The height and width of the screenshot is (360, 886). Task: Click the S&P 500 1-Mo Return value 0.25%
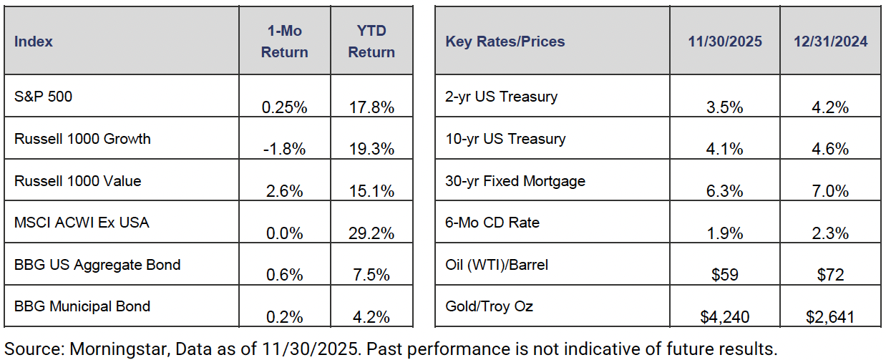click(284, 107)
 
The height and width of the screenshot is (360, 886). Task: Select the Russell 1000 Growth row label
click(82, 139)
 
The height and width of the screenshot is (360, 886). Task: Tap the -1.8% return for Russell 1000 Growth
click(284, 149)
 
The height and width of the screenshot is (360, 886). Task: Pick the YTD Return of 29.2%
click(371, 233)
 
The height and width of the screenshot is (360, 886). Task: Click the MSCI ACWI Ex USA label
click(82, 223)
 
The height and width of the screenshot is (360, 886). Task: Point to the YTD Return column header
click(371, 41)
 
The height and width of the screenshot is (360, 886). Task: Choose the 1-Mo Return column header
click(284, 41)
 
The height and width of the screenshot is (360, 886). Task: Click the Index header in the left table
click(34, 42)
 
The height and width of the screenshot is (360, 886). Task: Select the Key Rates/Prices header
click(505, 42)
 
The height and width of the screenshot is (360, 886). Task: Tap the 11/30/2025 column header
click(724, 42)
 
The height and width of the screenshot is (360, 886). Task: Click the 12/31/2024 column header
click(830, 42)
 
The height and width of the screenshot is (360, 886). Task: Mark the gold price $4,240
click(724, 317)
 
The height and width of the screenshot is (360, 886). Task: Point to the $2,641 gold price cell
click(830, 317)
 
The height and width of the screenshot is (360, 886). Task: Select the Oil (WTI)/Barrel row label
click(497, 265)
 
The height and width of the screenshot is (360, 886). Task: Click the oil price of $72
click(830, 275)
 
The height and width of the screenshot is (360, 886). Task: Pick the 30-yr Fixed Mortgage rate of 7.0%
click(830, 191)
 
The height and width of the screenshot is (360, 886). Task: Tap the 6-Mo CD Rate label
click(492, 223)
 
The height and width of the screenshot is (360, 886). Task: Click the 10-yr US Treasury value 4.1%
click(724, 149)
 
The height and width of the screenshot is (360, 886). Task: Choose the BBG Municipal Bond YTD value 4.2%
click(371, 317)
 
